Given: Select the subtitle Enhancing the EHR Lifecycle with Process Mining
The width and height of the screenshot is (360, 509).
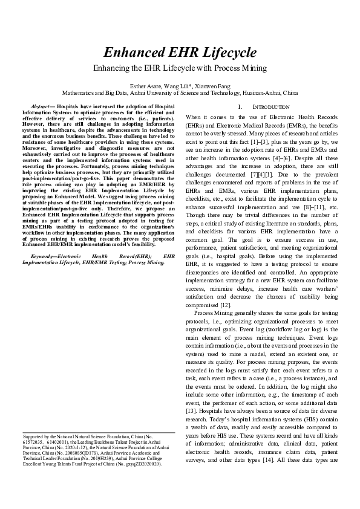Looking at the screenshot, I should (180, 68).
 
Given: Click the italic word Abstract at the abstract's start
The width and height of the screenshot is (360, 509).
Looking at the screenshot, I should (41, 106).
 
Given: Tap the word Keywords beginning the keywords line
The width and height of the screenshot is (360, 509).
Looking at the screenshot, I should (44, 257).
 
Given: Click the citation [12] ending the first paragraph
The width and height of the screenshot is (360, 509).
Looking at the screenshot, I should (224, 305).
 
